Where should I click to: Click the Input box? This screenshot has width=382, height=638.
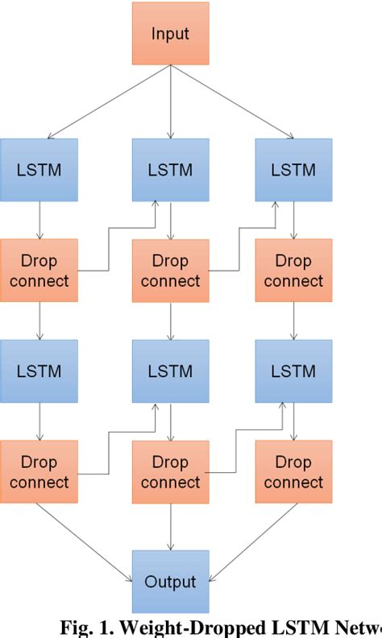170,34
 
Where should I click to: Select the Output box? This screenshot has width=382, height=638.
170,581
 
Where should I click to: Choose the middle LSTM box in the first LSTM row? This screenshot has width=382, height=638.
170,170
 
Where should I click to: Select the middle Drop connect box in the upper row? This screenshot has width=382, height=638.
170,271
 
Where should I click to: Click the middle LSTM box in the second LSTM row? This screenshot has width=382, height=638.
170,371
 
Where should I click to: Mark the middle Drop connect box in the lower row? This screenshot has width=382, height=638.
170,472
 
